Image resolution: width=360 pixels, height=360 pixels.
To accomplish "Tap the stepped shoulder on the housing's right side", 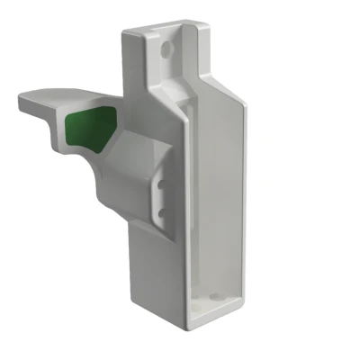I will pos(229,91).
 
